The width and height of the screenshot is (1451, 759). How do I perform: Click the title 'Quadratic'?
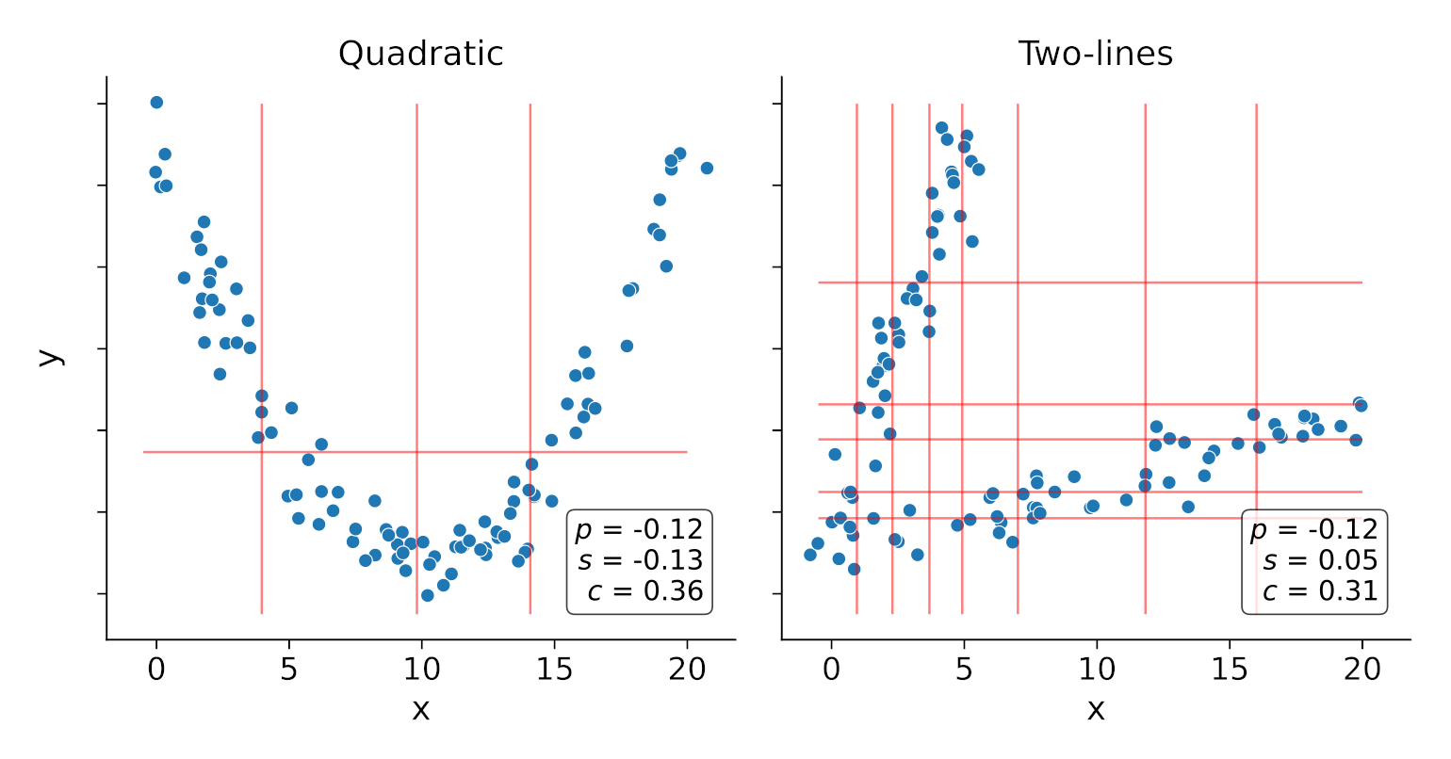tap(420, 54)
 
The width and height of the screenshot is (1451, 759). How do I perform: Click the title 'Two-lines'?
tap(1095, 54)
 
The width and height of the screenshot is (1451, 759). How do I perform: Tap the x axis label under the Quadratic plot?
tap(420, 709)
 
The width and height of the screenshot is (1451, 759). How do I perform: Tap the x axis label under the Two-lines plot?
tap(1095, 709)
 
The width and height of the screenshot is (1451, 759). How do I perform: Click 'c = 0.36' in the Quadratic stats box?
tap(645, 591)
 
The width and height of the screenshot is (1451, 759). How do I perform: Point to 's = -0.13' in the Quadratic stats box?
tap(641, 560)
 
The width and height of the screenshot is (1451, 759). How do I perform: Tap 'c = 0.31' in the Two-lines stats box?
tap(1320, 591)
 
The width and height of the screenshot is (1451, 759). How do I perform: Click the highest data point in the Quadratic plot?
tap(156, 103)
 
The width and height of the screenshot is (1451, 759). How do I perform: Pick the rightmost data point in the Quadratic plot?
tap(707, 168)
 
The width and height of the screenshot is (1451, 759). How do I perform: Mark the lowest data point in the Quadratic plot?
tap(428, 595)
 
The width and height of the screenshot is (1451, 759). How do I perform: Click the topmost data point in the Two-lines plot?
tap(941, 127)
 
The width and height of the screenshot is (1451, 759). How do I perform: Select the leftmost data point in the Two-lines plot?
tap(810, 555)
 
